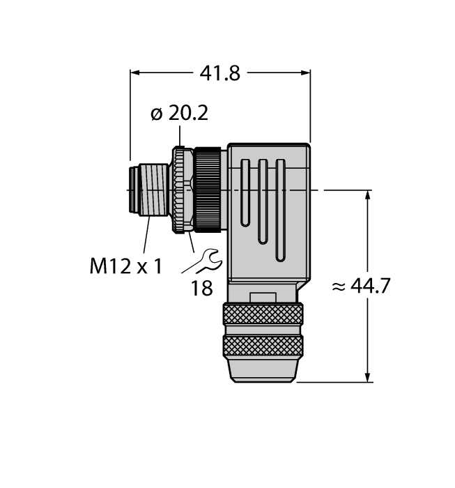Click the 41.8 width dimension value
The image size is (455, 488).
pos(219,73)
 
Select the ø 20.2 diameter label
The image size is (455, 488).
pos(179,114)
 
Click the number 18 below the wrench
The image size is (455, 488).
pos(201,288)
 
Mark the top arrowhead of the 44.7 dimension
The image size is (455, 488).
pos(367,195)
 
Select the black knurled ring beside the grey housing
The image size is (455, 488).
pos(208,189)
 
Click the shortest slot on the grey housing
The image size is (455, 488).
pos(245,192)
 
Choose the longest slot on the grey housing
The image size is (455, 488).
pos(280,210)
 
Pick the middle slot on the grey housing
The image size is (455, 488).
pos(263,201)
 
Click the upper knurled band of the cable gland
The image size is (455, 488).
pos(263,316)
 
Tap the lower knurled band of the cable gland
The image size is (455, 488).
pos(263,346)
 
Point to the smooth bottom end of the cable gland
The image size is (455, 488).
pos(263,371)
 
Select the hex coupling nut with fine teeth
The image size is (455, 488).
pos(183,189)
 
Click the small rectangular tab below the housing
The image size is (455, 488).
pos(263,298)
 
